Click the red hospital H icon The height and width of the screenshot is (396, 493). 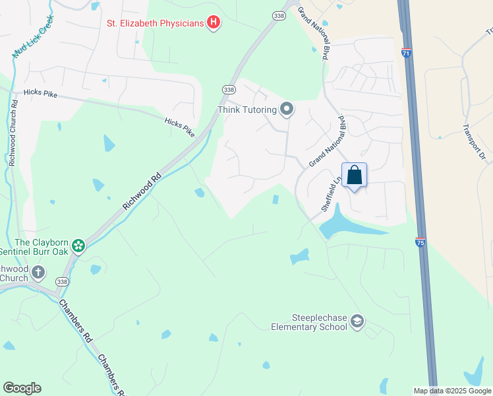(x=213, y=23)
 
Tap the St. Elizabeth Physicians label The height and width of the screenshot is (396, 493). (x=156, y=24)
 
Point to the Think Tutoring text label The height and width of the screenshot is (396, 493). (x=248, y=110)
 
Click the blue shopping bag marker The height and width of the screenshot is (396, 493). (x=354, y=176)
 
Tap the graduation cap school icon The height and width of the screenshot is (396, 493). (x=357, y=321)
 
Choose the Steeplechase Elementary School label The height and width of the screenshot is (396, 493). (x=309, y=321)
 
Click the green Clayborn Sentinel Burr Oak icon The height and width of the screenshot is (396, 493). (x=78, y=246)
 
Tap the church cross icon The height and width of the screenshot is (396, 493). (x=38, y=271)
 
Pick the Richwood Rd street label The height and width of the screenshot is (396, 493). (x=141, y=192)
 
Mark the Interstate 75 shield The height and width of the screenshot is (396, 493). (x=420, y=242)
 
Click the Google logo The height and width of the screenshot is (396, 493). (x=22, y=388)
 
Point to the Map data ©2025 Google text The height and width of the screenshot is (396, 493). (x=452, y=391)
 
